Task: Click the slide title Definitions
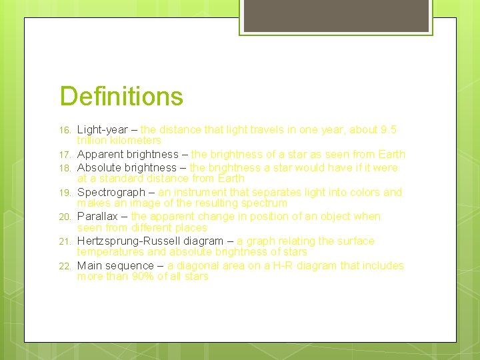point(121,96)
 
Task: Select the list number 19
point(65,193)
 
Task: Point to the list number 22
point(65,266)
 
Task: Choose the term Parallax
point(99,217)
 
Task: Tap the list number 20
point(65,217)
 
